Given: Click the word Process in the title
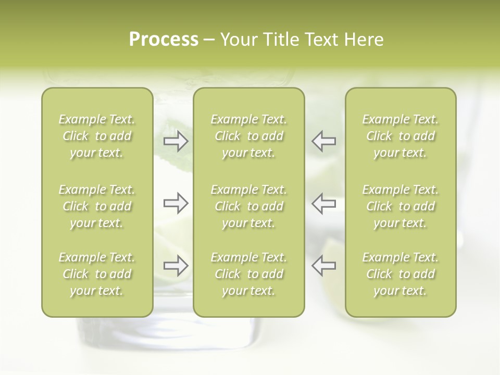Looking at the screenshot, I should [x=164, y=40].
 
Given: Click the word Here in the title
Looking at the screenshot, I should [x=364, y=40].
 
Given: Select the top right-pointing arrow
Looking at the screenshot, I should [x=176, y=141].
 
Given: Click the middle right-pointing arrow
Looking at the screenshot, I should [x=176, y=203].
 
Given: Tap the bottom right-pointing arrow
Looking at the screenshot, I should [x=176, y=266].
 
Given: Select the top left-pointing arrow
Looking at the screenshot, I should [x=323, y=141].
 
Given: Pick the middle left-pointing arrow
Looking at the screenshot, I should [x=323, y=203].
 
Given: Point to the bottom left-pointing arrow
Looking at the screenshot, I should [x=323, y=266].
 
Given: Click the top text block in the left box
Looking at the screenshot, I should [x=97, y=136].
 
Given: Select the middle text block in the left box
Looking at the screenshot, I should [x=97, y=206].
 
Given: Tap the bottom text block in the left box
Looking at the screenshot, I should [x=97, y=274].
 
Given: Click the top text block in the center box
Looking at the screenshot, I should [x=248, y=136].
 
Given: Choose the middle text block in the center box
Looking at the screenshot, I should [x=248, y=206].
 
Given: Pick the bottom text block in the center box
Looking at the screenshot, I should [x=248, y=274].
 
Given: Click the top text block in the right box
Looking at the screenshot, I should [x=400, y=136].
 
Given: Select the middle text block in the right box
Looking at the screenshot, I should [x=400, y=206].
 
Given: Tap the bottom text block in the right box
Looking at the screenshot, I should [x=400, y=274].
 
